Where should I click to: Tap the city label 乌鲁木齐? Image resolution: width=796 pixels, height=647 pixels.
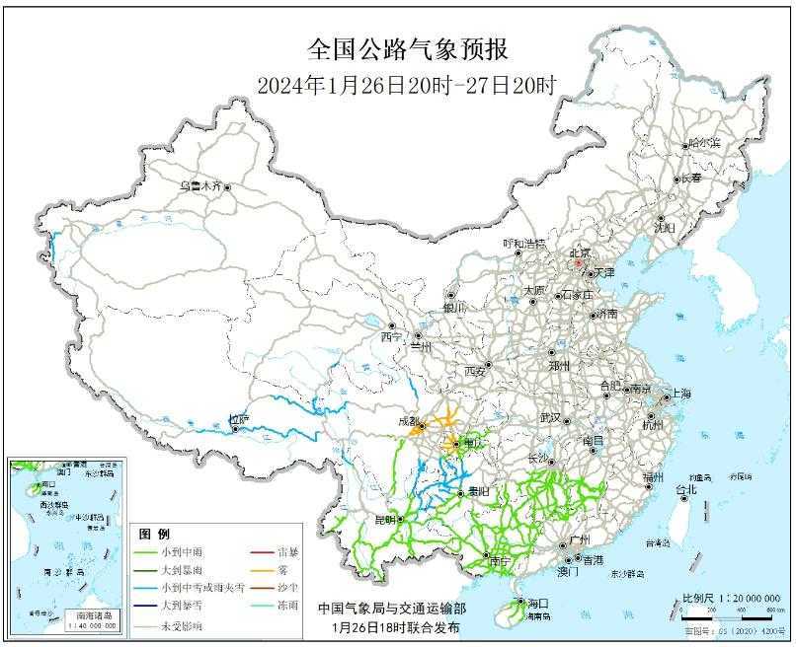(200, 185)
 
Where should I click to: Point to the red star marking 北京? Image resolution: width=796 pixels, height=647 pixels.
(578, 263)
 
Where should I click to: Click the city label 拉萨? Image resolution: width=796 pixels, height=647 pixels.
(239, 420)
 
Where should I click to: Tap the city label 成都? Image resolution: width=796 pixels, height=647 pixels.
(406, 421)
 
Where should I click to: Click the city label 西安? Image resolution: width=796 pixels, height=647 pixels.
(475, 372)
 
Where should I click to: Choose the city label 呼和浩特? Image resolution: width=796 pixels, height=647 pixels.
(523, 243)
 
